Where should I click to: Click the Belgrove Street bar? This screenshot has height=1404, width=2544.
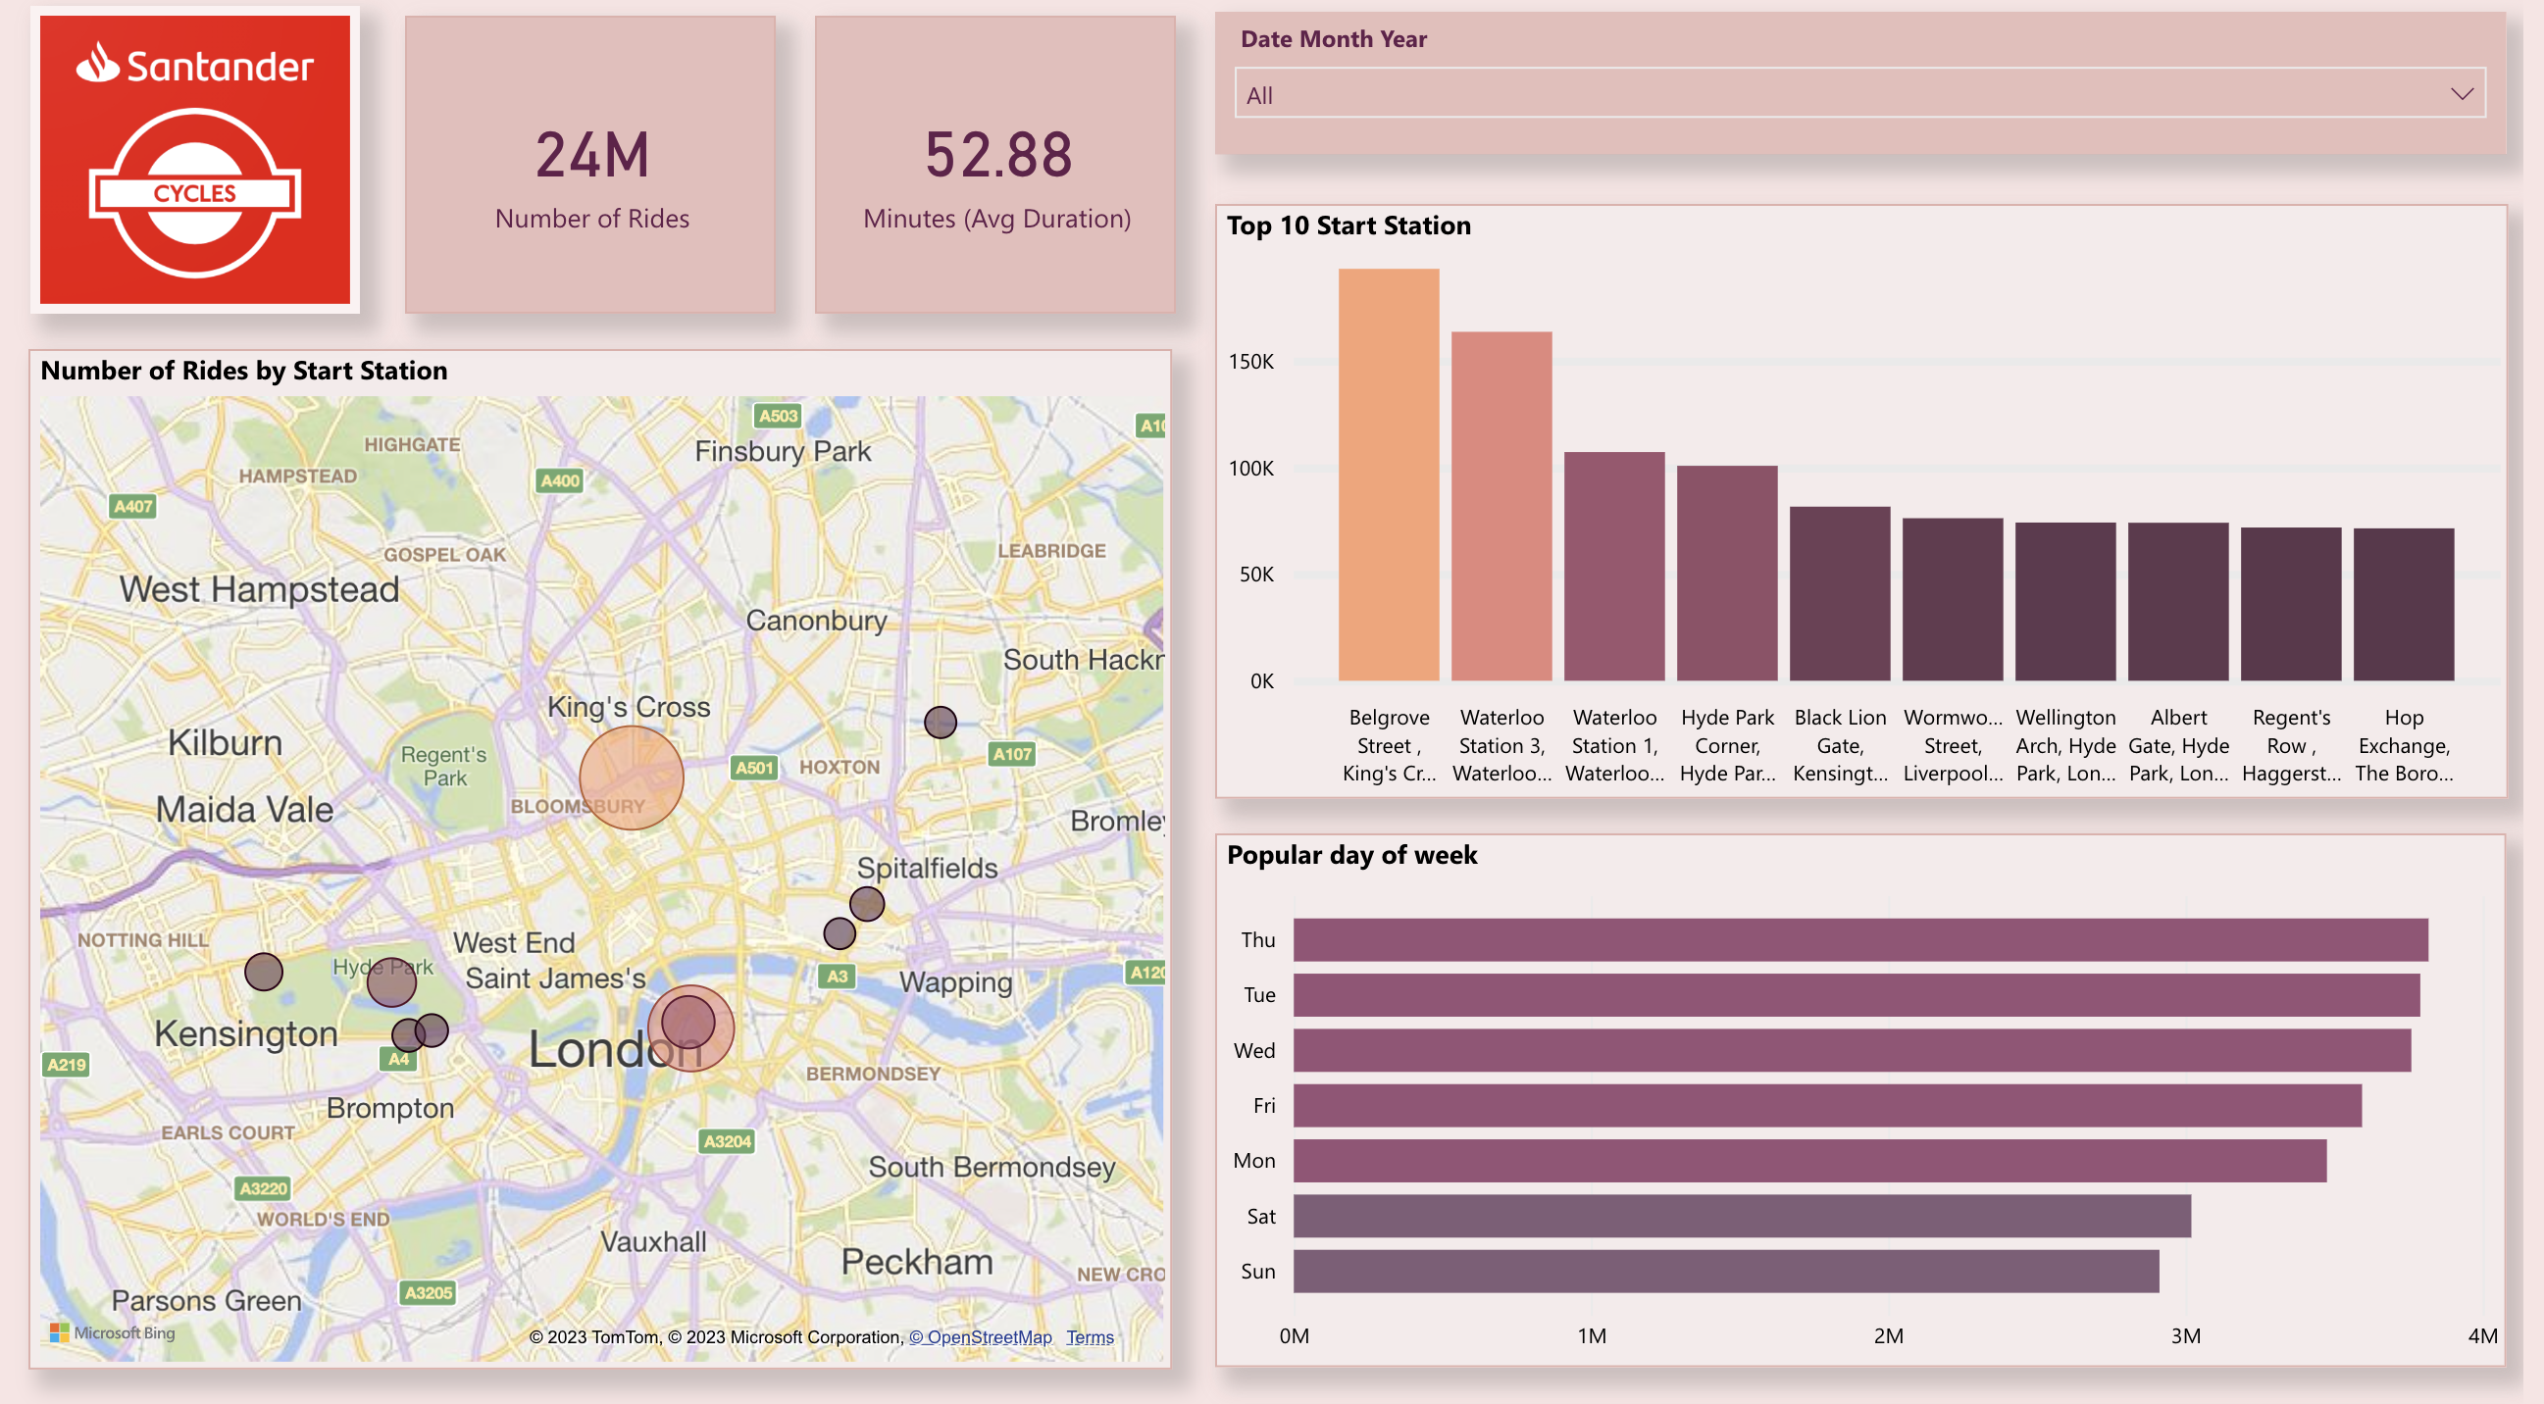1388,474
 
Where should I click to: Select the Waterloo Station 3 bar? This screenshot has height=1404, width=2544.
1501,506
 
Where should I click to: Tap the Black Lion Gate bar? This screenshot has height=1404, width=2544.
1839,593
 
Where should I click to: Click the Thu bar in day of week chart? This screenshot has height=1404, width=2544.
1859,939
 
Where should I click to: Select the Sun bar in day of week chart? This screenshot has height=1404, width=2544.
1725,1271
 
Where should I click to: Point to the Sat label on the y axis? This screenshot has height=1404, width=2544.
1260,1217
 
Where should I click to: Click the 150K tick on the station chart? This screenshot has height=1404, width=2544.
1250,362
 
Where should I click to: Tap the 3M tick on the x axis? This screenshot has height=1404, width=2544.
2184,1336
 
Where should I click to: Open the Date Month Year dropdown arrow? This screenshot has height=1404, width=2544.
2460,94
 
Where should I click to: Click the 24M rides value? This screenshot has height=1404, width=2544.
591,156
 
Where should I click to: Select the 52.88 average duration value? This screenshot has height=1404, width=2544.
997,156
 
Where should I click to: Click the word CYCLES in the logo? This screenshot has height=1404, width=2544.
194,193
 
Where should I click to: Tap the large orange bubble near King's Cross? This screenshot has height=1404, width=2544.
631,777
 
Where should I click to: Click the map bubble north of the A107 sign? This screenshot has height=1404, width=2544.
940,722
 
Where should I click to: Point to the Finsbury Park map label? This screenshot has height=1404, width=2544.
783,451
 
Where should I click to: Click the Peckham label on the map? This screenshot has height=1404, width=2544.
916,1261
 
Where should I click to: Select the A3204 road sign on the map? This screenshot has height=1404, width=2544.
727,1141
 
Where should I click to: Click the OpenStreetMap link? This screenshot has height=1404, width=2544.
981,1337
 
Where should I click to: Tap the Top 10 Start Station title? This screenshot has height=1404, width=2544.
1348,226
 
